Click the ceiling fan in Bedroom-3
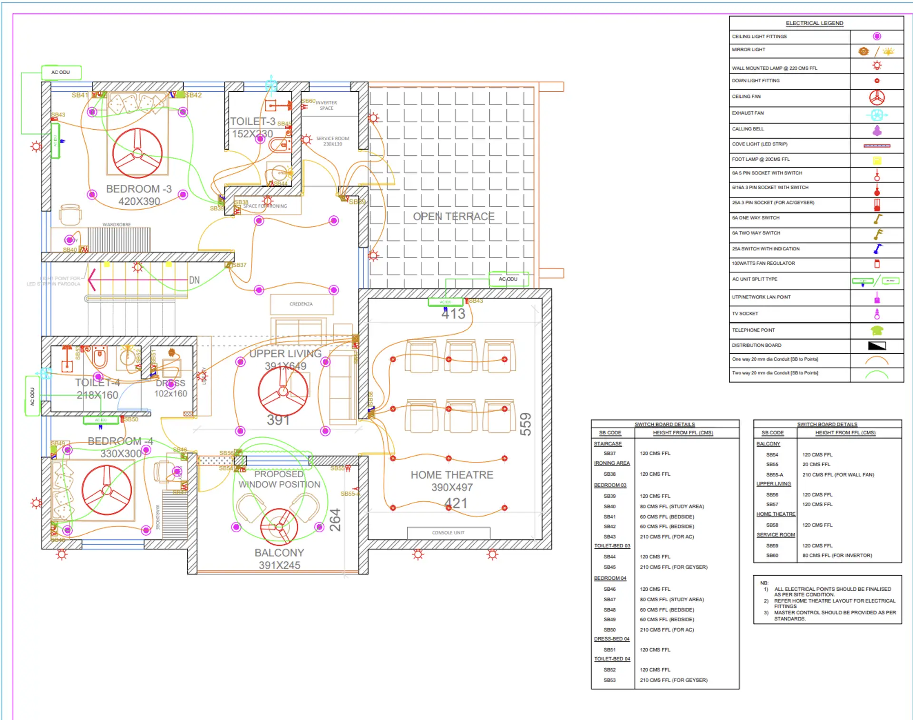[137, 153]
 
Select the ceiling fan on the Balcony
[279, 527]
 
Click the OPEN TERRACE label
[454, 217]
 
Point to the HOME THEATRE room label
[452, 475]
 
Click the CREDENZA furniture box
[301, 304]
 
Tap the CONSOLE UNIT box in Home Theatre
[448, 533]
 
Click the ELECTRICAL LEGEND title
[814, 23]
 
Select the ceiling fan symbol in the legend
[877, 97]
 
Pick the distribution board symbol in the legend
[877, 346]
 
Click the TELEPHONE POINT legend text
[753, 330]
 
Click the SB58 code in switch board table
[772, 525]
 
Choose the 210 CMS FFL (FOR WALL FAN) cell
[838, 475]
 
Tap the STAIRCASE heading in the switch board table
[608, 444]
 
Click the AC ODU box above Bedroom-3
[61, 72]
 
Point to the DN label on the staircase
[194, 280]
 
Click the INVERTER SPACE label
[326, 105]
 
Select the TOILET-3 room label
[253, 122]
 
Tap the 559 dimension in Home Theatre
[525, 424]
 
